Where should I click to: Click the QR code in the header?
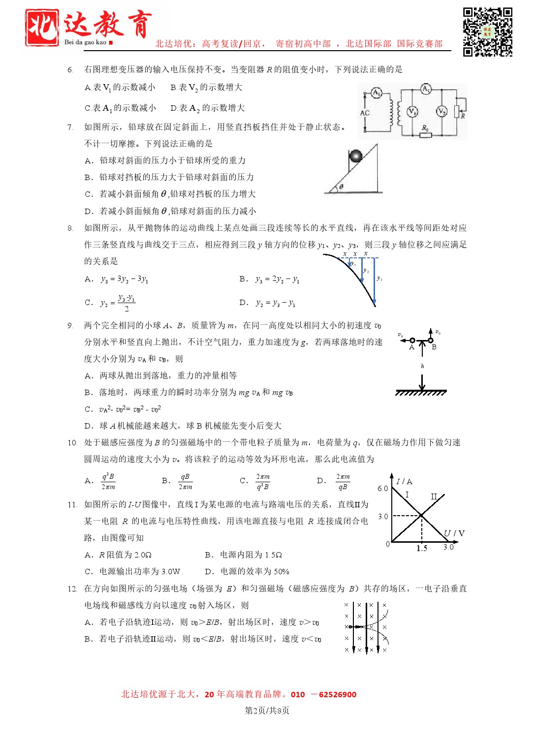click(487, 32)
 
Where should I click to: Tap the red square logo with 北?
click(42, 28)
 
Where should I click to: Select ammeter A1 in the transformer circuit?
click(377, 93)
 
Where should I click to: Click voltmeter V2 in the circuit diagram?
click(441, 112)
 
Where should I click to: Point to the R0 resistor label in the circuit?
click(425, 128)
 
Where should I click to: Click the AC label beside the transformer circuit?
click(365, 113)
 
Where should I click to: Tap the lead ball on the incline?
click(355, 156)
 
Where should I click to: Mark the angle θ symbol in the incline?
click(341, 186)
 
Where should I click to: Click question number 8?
click(70, 228)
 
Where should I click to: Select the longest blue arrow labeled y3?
click(374, 280)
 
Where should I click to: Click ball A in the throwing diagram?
click(412, 341)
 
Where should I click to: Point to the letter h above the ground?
click(422, 366)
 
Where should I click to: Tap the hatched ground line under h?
click(421, 393)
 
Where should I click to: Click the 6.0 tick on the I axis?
click(382, 489)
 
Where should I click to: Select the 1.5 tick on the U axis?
click(422, 549)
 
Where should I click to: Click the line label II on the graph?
click(434, 496)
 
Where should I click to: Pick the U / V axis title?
click(454, 533)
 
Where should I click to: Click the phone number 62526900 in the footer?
click(337, 695)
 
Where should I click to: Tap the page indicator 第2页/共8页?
click(267, 711)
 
